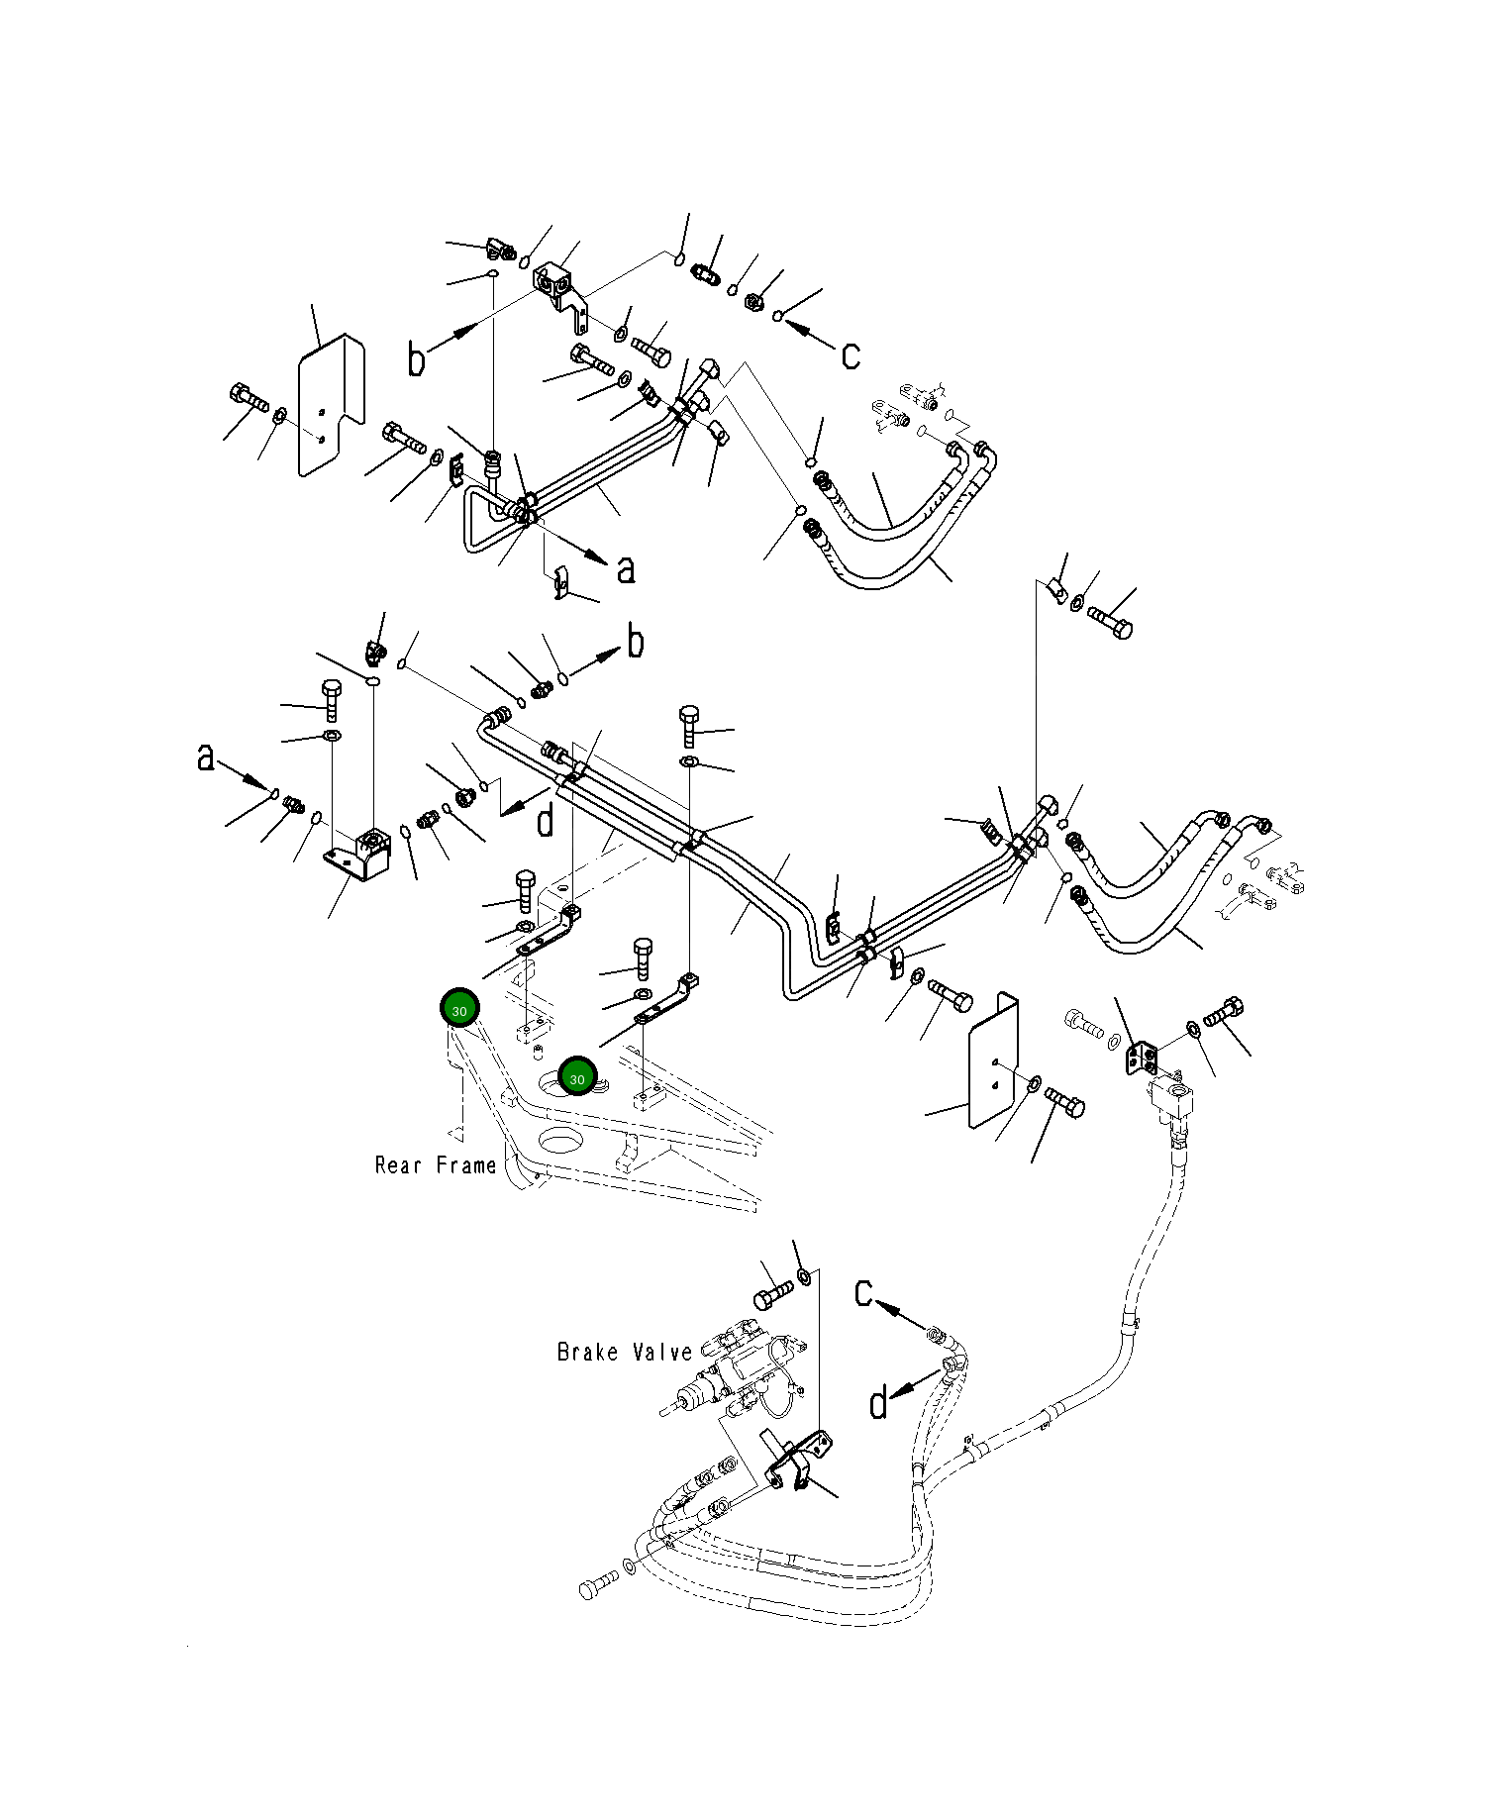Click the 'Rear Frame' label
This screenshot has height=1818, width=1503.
coord(436,1165)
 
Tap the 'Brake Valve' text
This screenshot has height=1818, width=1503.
coord(625,1352)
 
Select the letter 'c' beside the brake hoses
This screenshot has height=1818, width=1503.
coord(864,1292)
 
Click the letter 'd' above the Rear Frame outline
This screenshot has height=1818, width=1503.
coord(546,821)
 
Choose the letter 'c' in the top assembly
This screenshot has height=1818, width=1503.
coord(851,355)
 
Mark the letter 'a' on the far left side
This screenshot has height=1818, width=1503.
coord(205,757)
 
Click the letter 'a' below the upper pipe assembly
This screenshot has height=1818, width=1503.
coord(626,569)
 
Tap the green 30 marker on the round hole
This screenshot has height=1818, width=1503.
coord(577,1077)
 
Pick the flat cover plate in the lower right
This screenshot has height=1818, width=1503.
coord(993,1060)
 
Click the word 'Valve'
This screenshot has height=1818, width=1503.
coord(660,1352)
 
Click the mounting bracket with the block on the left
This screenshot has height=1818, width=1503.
coord(359,854)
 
